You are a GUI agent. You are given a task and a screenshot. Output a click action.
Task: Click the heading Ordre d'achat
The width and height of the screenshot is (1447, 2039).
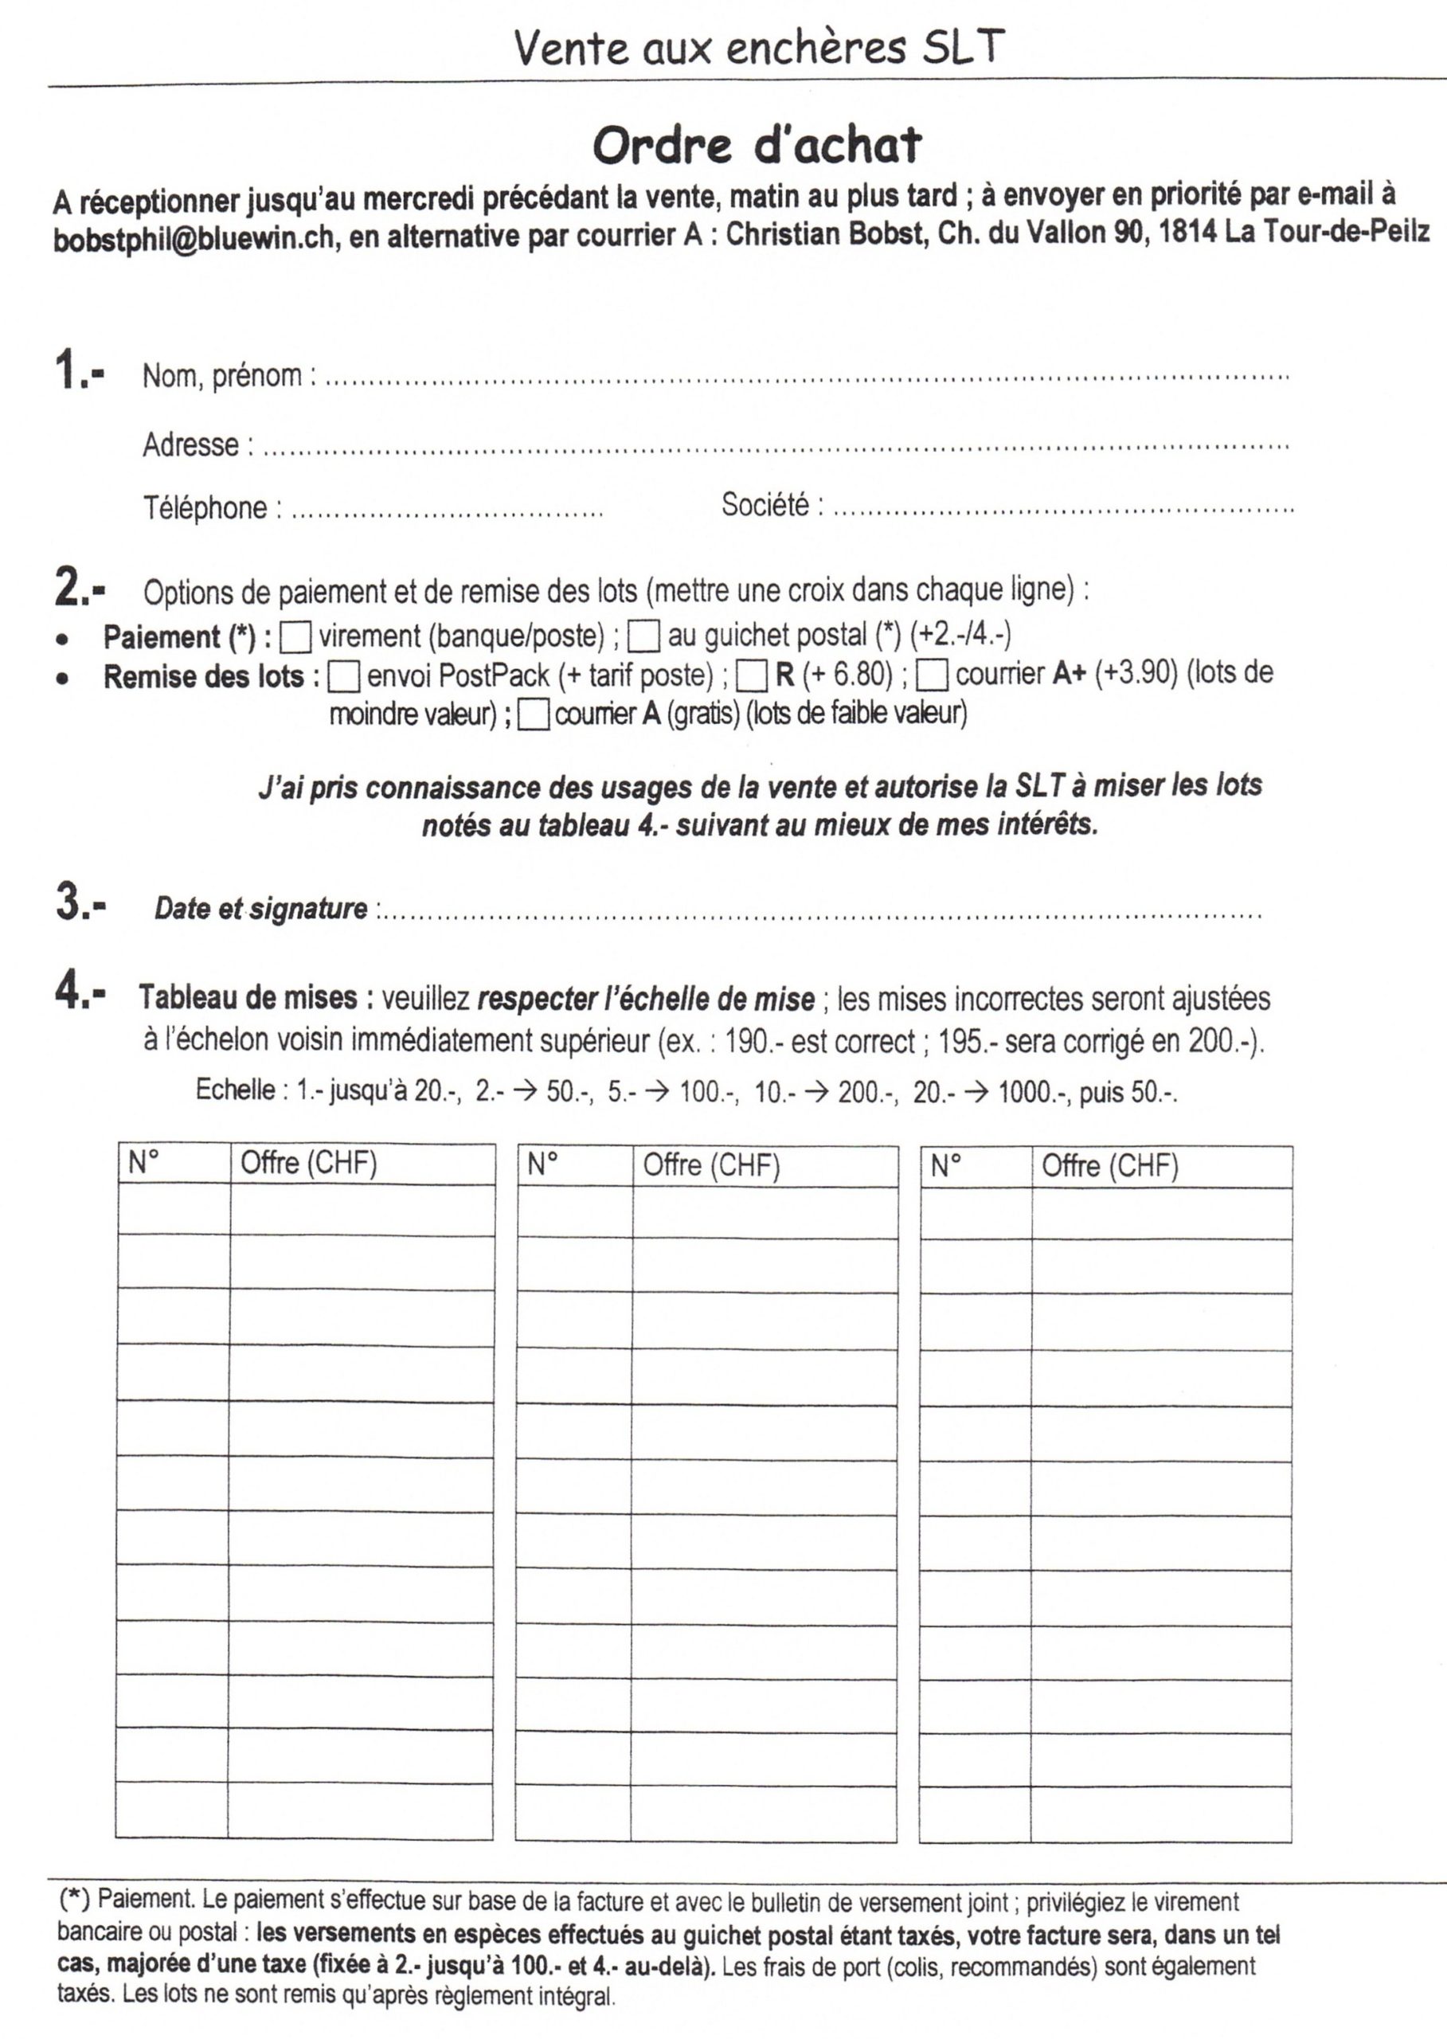click(757, 145)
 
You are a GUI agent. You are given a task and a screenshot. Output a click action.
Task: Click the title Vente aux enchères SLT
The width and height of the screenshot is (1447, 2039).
click(759, 47)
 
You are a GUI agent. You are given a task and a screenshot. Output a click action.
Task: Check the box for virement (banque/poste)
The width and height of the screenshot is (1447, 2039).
click(295, 637)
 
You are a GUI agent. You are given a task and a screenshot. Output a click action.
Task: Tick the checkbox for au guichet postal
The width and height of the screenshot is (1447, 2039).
click(643, 637)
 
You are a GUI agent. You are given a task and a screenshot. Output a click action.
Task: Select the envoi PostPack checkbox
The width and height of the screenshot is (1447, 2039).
click(344, 677)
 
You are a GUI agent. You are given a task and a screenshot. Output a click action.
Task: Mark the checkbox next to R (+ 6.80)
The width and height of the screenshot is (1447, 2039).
click(752, 677)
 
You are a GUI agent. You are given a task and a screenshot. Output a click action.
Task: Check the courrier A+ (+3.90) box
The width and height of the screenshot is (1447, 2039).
click(932, 676)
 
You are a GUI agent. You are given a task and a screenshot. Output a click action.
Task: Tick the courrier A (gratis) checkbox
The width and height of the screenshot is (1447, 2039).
click(533, 715)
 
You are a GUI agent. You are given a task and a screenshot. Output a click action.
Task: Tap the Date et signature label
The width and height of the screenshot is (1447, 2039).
click(260, 908)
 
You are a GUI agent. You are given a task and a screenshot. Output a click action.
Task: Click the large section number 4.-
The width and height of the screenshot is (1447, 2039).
click(80, 992)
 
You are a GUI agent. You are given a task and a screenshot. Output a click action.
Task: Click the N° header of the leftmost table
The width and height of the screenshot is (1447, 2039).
click(143, 1162)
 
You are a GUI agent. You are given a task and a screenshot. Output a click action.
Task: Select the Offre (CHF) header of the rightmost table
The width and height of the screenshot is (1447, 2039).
click(1109, 1165)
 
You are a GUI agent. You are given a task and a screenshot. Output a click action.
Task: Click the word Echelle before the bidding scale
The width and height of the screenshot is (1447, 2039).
click(235, 1090)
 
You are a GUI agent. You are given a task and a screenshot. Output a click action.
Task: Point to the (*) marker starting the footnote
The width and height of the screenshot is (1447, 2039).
click(74, 1899)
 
